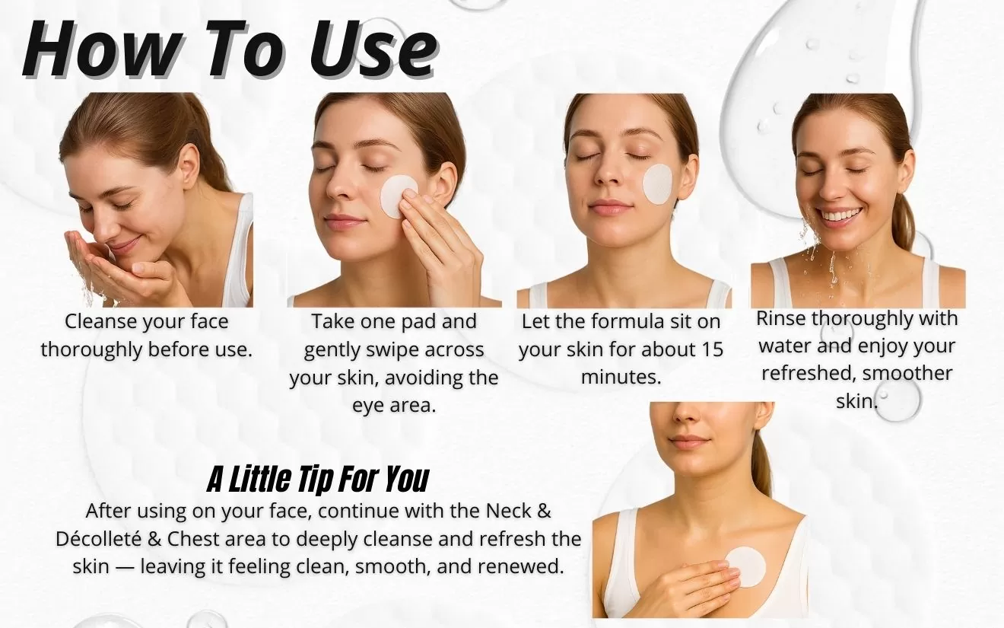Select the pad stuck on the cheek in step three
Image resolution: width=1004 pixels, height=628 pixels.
point(658,183)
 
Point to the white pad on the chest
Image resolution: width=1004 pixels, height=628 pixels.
point(745,567)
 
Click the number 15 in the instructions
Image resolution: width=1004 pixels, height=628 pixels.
point(709,349)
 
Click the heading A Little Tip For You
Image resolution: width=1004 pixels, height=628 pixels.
point(318,480)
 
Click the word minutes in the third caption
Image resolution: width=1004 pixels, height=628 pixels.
point(621,377)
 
